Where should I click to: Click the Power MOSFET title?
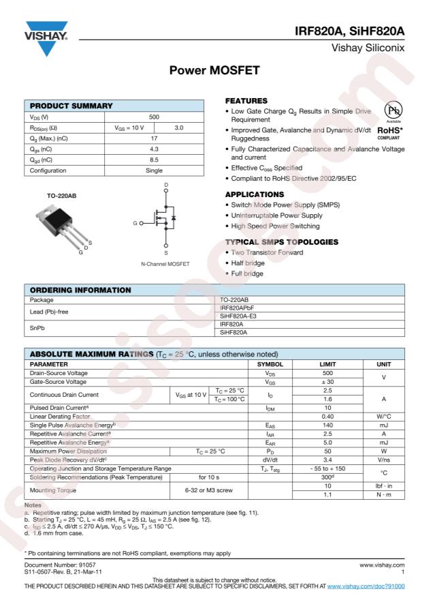click(210, 70)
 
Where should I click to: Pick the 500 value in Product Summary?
click(155, 117)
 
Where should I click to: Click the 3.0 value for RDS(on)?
click(179, 128)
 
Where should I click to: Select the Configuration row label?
click(47, 170)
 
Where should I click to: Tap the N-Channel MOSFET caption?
click(165, 264)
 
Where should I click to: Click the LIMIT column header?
click(328, 364)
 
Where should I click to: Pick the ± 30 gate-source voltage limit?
click(328, 382)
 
